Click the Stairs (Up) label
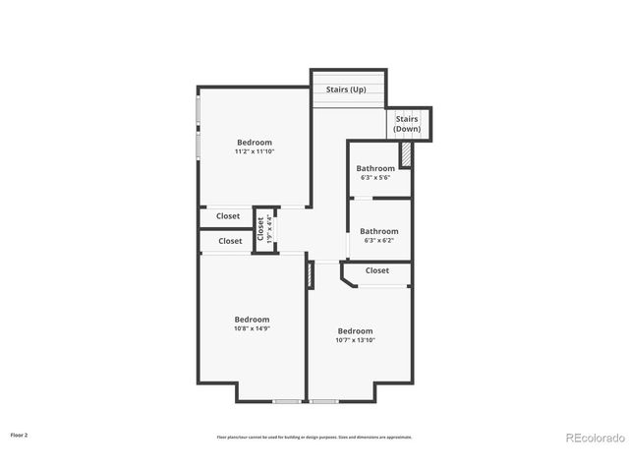pos(346,89)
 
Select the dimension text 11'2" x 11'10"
pos(254,151)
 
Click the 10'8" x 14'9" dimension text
pos(252,328)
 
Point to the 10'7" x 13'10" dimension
pos(356,340)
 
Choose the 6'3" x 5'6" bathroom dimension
pos(375,178)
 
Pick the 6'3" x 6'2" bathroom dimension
pos(378,240)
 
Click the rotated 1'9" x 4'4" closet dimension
pos(270,230)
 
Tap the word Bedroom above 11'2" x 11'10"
pos(254,143)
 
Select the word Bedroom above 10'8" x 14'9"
pos(252,319)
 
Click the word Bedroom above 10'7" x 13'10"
pos(356,330)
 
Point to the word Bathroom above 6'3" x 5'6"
pos(375,168)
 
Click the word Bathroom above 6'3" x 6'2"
pos(378,231)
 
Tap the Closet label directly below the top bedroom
pos(228,215)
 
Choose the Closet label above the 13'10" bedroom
pos(377,270)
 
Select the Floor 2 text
pos(20,434)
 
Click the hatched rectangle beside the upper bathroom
pos(404,155)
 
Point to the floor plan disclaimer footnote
pos(314,437)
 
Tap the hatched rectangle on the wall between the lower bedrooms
pos(310,274)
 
